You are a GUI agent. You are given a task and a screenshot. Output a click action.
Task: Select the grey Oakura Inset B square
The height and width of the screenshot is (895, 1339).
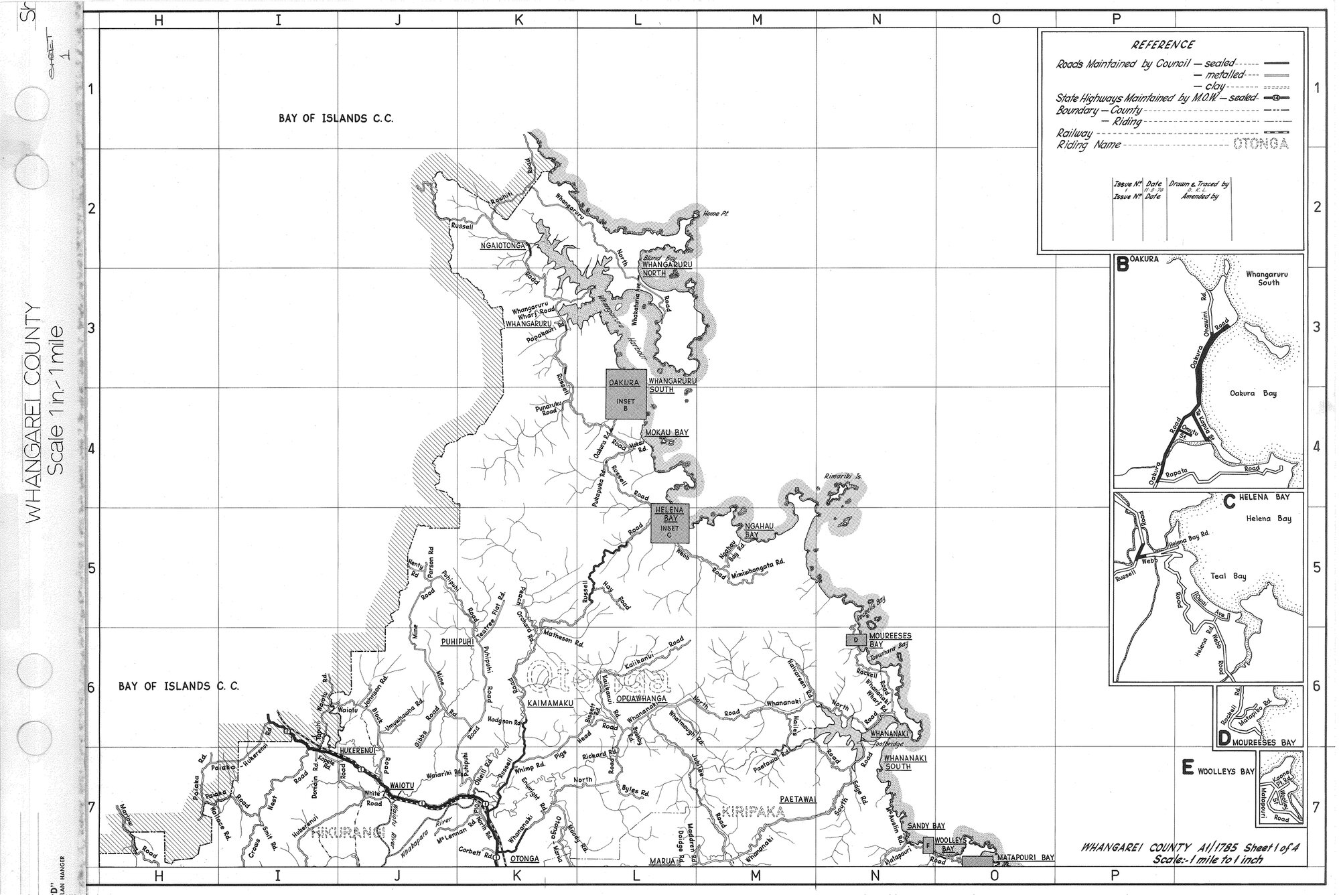(x=626, y=394)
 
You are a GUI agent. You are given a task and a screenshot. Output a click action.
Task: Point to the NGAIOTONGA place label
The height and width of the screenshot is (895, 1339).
(x=502, y=246)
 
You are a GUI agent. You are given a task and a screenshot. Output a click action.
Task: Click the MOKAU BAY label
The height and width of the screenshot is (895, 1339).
(x=666, y=433)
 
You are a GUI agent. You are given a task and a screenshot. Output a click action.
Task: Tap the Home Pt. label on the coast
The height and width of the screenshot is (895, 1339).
(x=715, y=214)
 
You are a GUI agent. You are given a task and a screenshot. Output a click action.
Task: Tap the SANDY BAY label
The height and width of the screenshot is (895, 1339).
(x=926, y=826)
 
